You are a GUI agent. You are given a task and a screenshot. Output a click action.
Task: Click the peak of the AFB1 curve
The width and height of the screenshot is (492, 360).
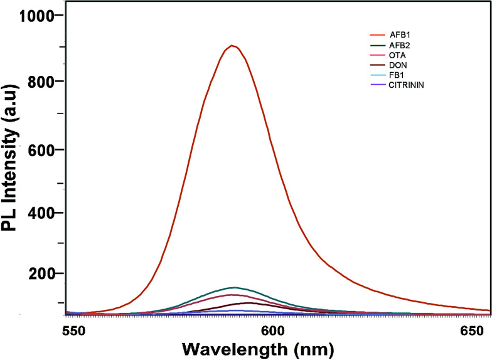[x=232, y=45]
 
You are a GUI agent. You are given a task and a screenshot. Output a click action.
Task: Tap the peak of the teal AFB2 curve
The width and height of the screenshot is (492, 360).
[x=233, y=288]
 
